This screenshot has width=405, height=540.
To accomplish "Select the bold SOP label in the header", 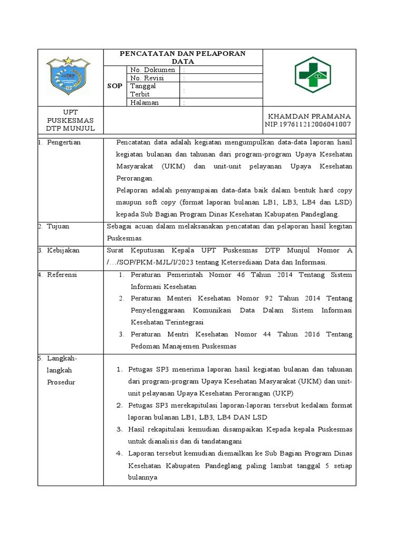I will [114, 85].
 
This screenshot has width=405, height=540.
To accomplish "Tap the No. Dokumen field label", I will [152, 70].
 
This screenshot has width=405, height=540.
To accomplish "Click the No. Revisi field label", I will [148, 78].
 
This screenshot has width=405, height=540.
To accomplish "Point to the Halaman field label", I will [144, 103].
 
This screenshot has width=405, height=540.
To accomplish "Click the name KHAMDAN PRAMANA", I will [310, 116].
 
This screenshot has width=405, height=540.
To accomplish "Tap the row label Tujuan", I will [58, 226].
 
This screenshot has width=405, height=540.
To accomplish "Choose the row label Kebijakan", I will [63, 250].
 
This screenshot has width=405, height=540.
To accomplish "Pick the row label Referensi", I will [62, 275].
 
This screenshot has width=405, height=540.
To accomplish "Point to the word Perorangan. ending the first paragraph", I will [134, 178].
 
